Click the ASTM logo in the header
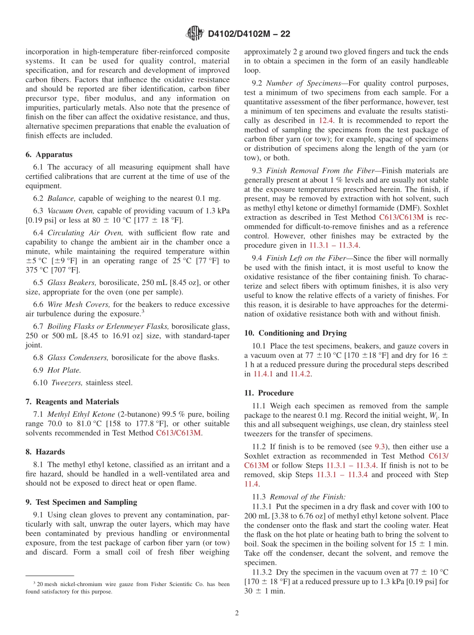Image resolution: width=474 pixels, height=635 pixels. [x=195, y=33]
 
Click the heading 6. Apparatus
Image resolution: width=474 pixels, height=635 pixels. [x=49, y=155]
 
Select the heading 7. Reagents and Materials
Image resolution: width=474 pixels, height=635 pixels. [x=72, y=401]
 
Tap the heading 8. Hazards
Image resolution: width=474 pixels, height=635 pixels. [x=45, y=452]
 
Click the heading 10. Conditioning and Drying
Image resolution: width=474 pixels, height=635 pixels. [x=295, y=333]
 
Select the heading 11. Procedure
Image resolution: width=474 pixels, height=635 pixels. [x=269, y=393]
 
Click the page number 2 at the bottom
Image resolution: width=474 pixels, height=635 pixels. [x=237, y=613]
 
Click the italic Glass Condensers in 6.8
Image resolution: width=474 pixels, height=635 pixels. [x=77, y=357]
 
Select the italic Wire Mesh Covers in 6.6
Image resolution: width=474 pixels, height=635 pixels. [x=78, y=304]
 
